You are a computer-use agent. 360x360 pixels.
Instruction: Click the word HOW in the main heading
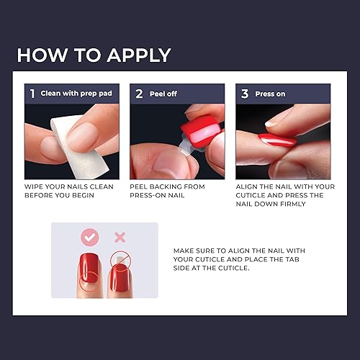42,55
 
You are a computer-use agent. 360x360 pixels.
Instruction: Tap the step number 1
32,94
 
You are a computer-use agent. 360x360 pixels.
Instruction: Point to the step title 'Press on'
271,94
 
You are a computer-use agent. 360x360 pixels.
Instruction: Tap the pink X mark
121,237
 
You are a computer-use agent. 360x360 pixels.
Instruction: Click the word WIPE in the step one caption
35,186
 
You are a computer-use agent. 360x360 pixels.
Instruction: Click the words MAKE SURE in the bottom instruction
194,251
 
